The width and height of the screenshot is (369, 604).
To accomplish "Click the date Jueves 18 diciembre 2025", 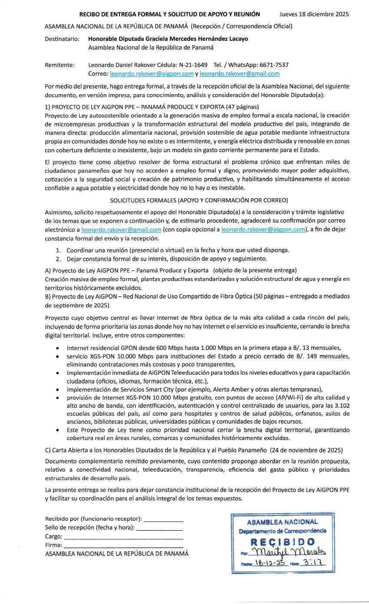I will click(314, 14).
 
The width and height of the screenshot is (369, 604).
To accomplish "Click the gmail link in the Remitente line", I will click(239, 74).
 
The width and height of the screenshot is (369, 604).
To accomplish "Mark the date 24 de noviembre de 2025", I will click(306, 449).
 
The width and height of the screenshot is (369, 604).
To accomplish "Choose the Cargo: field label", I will click(54, 537).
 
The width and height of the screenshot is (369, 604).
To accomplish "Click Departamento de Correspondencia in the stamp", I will click(283, 531).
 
